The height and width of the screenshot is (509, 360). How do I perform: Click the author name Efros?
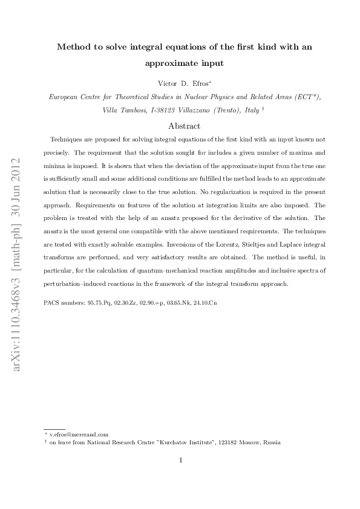[198, 82]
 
